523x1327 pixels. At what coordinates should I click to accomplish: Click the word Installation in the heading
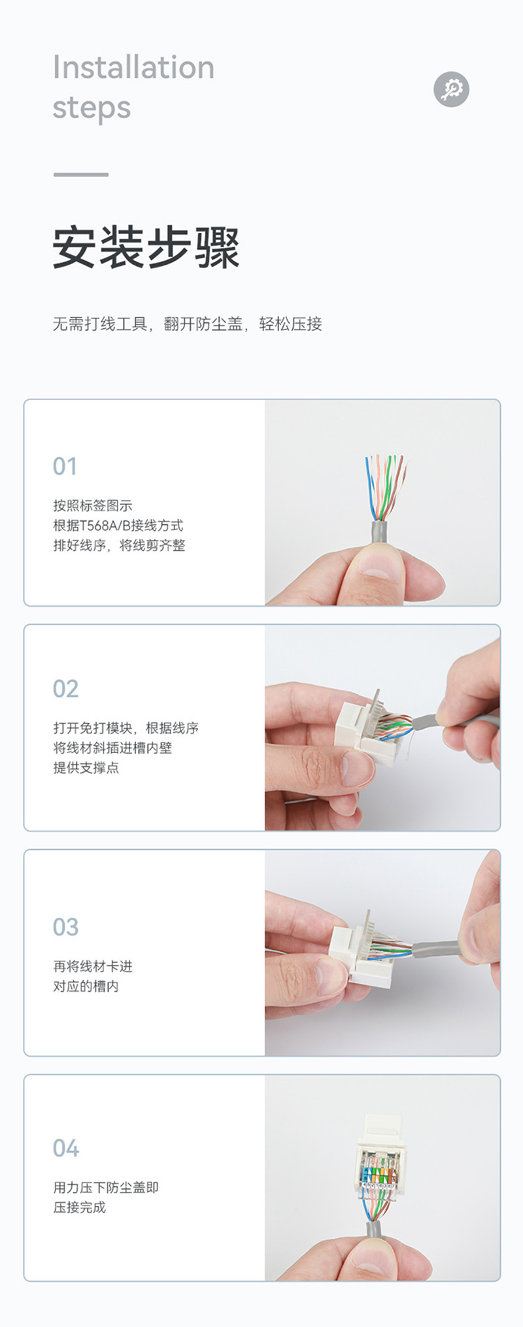(133, 67)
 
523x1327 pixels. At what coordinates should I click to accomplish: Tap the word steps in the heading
(92, 108)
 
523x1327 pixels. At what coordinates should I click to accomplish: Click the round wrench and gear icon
(451, 89)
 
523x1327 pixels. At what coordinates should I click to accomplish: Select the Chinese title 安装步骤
(146, 248)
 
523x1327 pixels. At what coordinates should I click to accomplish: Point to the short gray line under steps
(80, 175)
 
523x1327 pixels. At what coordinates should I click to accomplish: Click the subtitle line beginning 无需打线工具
(188, 324)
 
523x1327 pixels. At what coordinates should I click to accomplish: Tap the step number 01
(65, 467)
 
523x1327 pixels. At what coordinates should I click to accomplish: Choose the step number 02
(65, 689)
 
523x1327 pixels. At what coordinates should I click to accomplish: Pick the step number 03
(65, 927)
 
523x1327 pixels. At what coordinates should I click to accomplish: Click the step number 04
(65, 1148)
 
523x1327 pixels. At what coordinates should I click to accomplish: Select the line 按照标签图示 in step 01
(92, 505)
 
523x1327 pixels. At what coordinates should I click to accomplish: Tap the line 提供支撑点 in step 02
(86, 767)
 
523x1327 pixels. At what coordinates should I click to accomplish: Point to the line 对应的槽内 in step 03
(86, 986)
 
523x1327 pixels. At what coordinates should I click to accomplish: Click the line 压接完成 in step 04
(79, 1207)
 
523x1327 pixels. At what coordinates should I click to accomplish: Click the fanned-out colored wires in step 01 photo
(386, 487)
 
